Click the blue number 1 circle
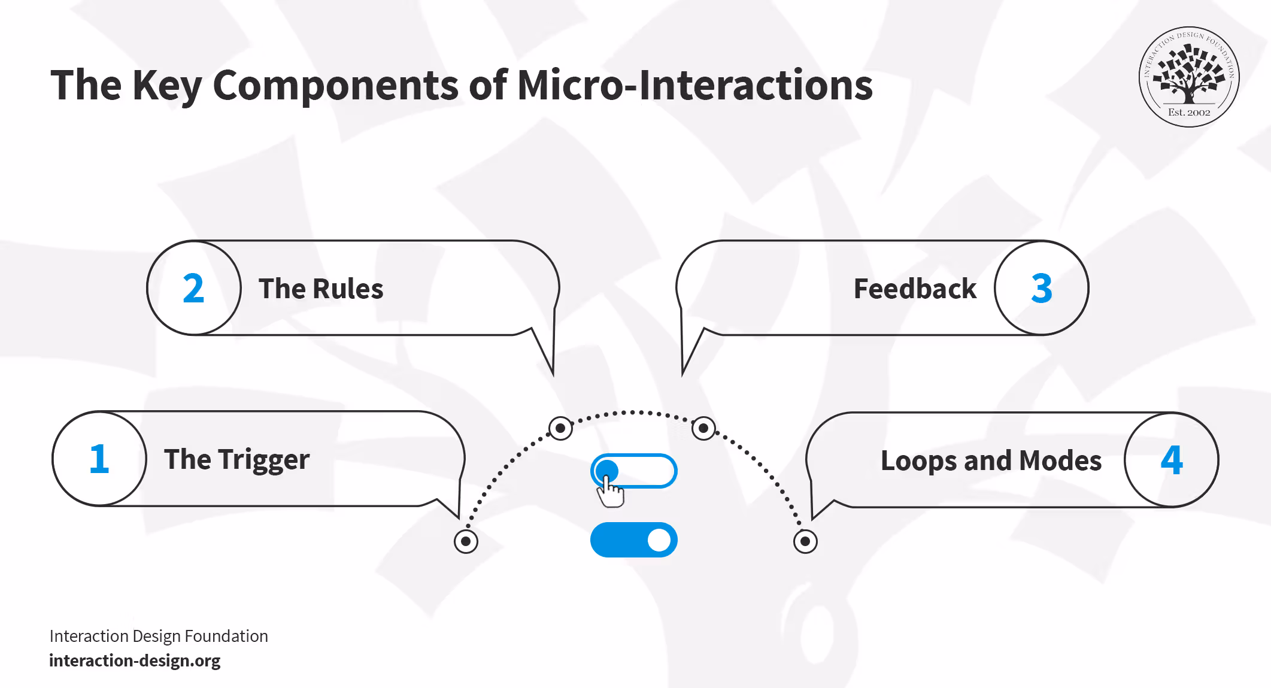pos(99,459)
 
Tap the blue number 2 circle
pos(194,288)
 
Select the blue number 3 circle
pos(1041,288)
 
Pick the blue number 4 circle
pos(1171,460)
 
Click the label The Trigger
pos(236,460)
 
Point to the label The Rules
pos(321,289)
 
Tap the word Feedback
pos(915,289)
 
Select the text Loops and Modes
pos(991,460)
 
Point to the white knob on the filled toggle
pos(659,540)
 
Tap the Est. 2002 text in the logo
pos(1189,113)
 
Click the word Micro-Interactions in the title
pos(694,85)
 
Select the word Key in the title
pos(167,85)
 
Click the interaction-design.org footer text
pos(135,660)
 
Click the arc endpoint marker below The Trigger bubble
pos(466,541)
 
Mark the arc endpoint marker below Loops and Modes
pos(805,541)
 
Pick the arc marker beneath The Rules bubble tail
pos(560,428)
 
